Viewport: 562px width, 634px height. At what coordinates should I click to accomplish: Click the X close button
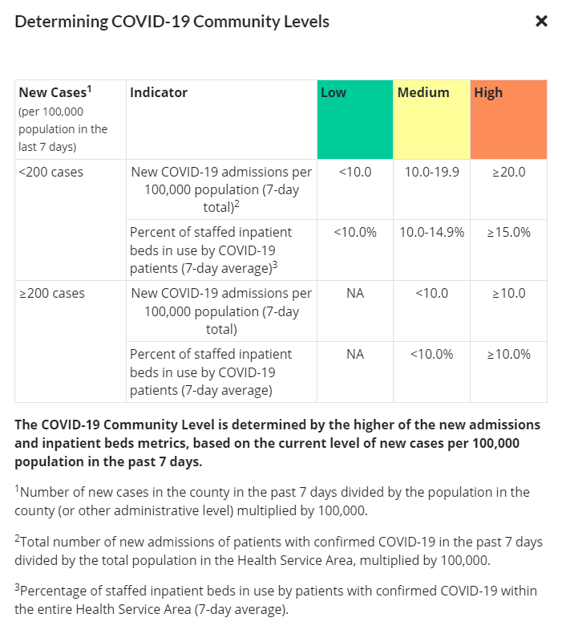pyautogui.click(x=541, y=22)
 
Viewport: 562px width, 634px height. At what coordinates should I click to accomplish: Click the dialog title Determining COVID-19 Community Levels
pyautogui.click(x=172, y=22)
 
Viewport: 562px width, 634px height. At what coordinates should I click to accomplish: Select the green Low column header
pyautogui.click(x=354, y=119)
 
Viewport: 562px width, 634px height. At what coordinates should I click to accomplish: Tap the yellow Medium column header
pyautogui.click(x=431, y=119)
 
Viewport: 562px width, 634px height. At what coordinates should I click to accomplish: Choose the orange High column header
pyautogui.click(x=508, y=119)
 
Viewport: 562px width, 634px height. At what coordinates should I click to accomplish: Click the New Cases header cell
pyautogui.click(x=69, y=119)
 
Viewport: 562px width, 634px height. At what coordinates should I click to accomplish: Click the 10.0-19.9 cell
pyautogui.click(x=431, y=172)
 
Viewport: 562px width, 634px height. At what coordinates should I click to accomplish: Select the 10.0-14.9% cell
pyautogui.click(x=431, y=233)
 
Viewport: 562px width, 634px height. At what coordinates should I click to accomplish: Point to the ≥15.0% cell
pyautogui.click(x=508, y=233)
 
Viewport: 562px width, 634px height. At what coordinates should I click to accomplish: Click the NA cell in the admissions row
pyautogui.click(x=355, y=294)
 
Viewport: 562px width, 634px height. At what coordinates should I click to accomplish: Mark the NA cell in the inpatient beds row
pyautogui.click(x=355, y=355)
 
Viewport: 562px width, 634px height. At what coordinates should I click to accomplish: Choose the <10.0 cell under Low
pyautogui.click(x=355, y=172)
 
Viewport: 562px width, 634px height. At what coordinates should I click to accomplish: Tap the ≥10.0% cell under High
pyautogui.click(x=508, y=355)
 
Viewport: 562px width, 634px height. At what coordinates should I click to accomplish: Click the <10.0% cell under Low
pyautogui.click(x=355, y=233)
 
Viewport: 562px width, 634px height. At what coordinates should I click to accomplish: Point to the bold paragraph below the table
pyautogui.click(x=277, y=443)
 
